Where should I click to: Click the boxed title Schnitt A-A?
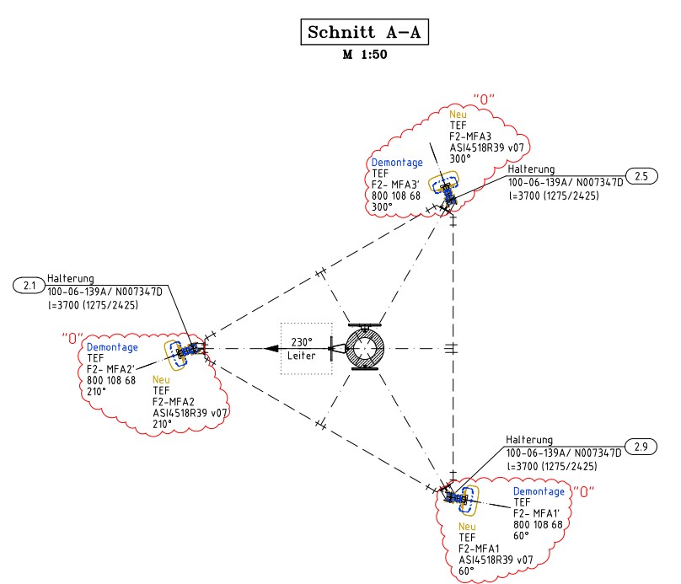pyautogui.click(x=363, y=33)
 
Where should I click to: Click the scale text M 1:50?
pyautogui.click(x=363, y=56)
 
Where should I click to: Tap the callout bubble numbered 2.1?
pyautogui.click(x=29, y=286)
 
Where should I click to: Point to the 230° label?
pyautogui.click(x=303, y=342)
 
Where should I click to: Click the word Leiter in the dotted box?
pyautogui.click(x=302, y=356)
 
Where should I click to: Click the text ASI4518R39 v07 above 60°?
pyautogui.click(x=496, y=559)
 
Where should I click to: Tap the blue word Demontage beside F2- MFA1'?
pyautogui.click(x=539, y=491)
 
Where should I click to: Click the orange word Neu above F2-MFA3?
pyautogui.click(x=458, y=113)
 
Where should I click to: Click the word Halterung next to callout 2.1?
pyautogui.click(x=71, y=279)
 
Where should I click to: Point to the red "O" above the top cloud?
pyautogui.click(x=483, y=99)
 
